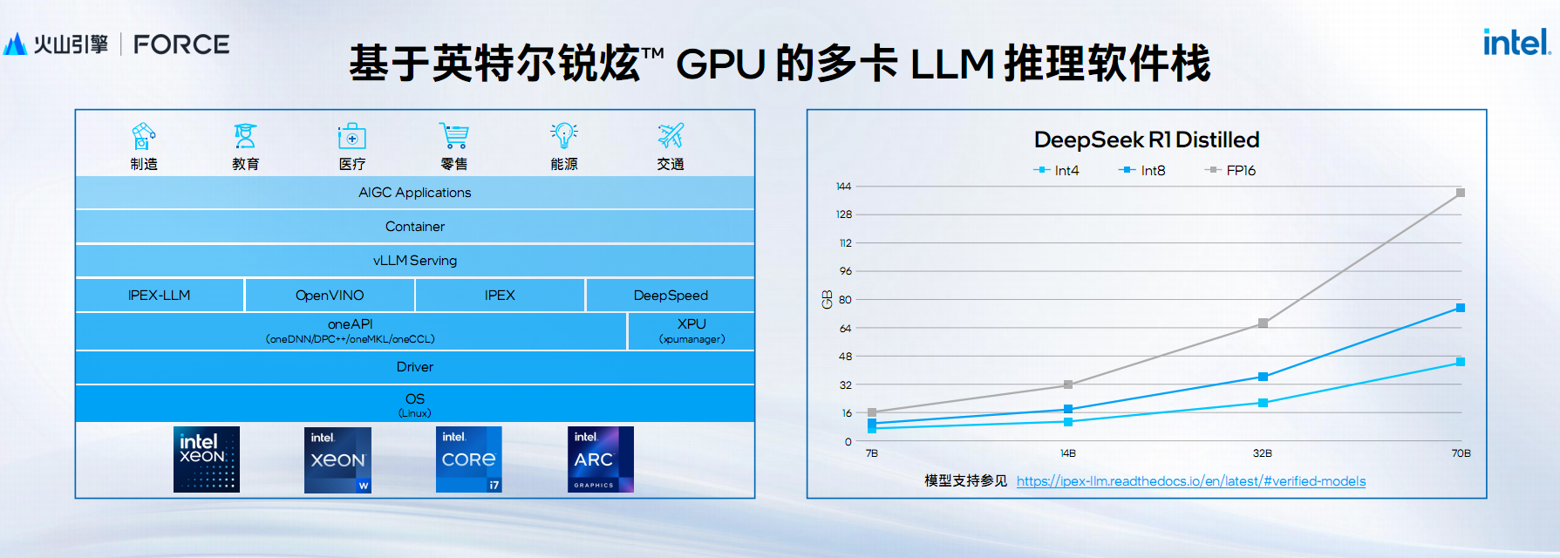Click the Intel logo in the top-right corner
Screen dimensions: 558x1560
tap(1516, 42)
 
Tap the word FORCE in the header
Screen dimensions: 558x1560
tap(181, 44)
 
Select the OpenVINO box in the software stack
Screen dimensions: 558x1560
tap(330, 296)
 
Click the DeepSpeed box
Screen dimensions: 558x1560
tap(671, 296)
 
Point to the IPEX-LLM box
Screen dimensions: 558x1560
tap(159, 296)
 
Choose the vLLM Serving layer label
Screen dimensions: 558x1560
tap(415, 261)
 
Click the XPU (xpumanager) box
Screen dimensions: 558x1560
tap(691, 331)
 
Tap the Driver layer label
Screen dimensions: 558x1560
tap(415, 367)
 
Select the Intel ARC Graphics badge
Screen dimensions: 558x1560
tap(601, 459)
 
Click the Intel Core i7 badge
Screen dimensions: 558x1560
tap(469, 459)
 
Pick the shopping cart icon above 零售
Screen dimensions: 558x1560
tap(453, 136)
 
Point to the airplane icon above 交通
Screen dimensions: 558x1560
tap(671, 135)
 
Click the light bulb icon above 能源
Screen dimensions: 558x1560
tap(564, 135)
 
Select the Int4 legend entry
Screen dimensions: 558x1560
tap(1057, 170)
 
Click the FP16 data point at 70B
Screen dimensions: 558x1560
tap(1461, 193)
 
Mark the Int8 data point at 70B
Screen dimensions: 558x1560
tap(1461, 308)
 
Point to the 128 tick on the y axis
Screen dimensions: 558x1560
tap(844, 214)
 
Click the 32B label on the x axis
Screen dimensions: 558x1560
tap(1263, 453)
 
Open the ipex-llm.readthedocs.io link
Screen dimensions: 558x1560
tap(1191, 481)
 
